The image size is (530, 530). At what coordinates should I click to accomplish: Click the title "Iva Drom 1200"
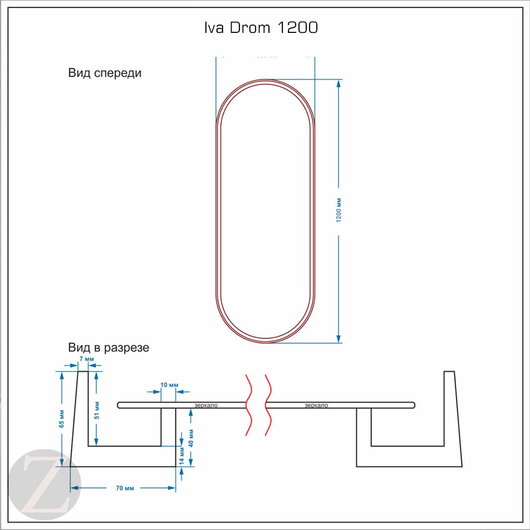click(261, 28)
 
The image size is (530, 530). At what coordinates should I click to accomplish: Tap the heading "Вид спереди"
click(105, 73)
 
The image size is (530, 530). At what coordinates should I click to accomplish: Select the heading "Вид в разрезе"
click(109, 348)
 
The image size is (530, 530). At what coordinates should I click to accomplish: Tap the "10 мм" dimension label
click(169, 386)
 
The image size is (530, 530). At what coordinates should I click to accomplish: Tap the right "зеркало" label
click(316, 406)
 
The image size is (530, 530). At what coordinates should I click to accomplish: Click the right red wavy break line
click(268, 404)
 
